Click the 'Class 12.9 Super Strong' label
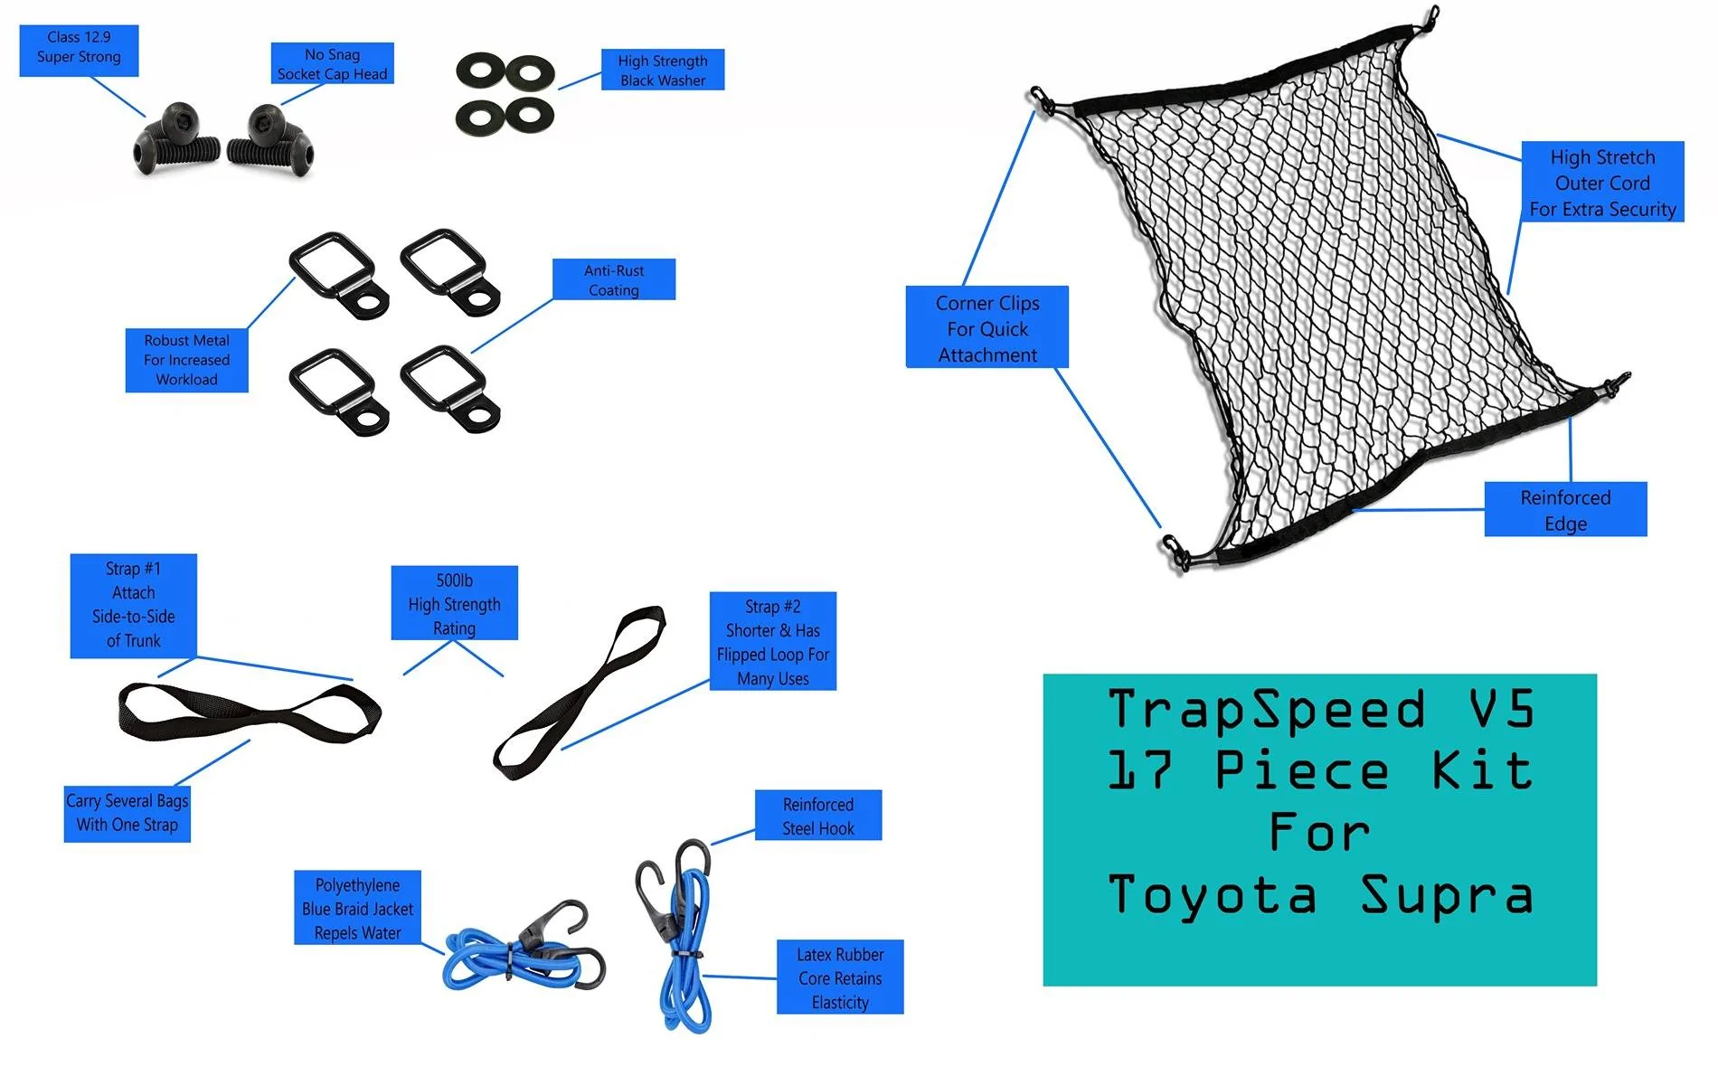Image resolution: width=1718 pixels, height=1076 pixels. click(x=79, y=51)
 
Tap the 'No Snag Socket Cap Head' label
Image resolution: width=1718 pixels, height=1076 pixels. click(x=332, y=63)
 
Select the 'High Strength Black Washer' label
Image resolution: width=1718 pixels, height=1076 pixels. click(x=663, y=70)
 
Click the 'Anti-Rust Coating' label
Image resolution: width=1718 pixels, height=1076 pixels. click(x=614, y=279)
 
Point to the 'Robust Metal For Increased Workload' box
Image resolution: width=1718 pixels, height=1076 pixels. click(x=186, y=360)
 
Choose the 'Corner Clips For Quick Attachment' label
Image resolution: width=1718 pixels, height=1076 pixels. click(x=987, y=327)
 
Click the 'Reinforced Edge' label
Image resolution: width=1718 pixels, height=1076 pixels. click(x=1565, y=509)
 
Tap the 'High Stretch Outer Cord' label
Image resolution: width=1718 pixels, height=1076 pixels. click(x=1602, y=182)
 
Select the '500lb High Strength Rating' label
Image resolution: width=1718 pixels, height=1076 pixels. click(x=454, y=603)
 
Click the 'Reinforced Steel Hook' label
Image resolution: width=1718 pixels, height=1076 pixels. click(x=818, y=816)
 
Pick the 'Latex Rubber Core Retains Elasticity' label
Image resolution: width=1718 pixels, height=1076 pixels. click(x=840, y=977)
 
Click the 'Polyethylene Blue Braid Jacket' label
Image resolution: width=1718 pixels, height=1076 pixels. click(x=357, y=908)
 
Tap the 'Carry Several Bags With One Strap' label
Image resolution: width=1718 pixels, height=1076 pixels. click(x=127, y=813)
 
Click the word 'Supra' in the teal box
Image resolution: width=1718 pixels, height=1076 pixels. click(x=1448, y=895)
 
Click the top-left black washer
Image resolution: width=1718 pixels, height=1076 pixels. click(x=481, y=71)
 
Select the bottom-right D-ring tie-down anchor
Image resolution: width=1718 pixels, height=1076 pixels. click(x=450, y=390)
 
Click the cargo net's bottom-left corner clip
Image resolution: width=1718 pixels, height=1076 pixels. click(x=1175, y=552)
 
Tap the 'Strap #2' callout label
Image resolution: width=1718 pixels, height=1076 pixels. click(x=773, y=641)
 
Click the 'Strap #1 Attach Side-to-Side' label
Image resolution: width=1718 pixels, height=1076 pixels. click(x=134, y=605)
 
